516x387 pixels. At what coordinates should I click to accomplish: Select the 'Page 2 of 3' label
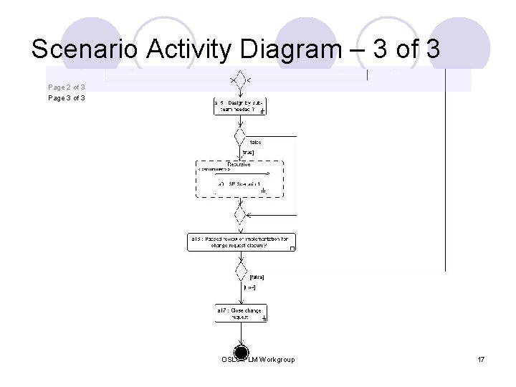[x=67, y=87]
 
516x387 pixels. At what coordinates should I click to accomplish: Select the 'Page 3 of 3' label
[x=67, y=97]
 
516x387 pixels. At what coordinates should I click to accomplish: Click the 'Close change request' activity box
[x=240, y=313]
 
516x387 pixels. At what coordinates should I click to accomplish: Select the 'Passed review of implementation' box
[x=242, y=242]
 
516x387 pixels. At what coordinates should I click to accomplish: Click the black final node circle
[x=241, y=354]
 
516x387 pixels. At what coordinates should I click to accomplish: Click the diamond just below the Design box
[x=239, y=135]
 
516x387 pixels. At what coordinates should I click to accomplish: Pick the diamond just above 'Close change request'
[x=240, y=272]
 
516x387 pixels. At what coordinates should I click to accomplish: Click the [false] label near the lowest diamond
[x=256, y=276]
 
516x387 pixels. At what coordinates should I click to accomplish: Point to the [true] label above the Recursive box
[x=249, y=152]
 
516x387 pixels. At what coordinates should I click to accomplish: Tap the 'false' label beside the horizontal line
[x=256, y=142]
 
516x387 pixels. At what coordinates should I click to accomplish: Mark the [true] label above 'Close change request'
[x=249, y=287]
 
